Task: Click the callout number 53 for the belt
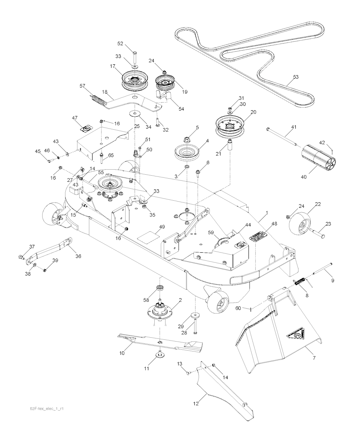click(x=296, y=77)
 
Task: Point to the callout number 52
click(x=120, y=44)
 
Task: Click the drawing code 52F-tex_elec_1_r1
click(x=49, y=409)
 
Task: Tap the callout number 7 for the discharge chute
click(x=314, y=358)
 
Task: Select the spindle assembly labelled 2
click(x=161, y=310)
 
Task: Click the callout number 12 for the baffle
click(x=196, y=403)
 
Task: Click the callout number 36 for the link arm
click(x=78, y=256)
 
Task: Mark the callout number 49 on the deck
click(x=162, y=227)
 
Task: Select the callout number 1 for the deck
click(x=267, y=213)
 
